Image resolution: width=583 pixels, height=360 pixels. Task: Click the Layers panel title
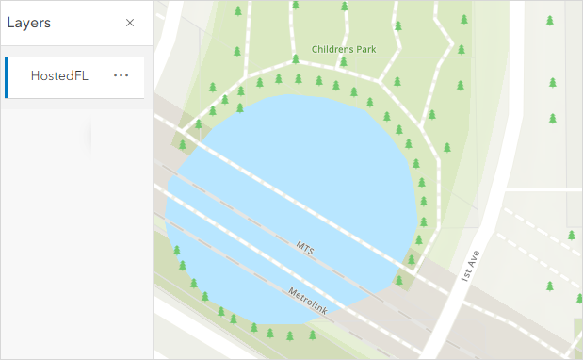click(x=28, y=23)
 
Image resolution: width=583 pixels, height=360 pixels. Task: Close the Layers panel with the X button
click(x=130, y=23)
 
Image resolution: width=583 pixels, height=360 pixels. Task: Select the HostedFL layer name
click(x=59, y=76)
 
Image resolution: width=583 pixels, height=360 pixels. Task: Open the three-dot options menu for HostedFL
click(x=121, y=75)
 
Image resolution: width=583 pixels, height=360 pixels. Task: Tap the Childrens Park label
click(x=345, y=47)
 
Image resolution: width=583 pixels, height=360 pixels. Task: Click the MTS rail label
click(x=304, y=248)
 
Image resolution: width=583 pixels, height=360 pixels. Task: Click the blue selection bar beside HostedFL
click(x=6, y=76)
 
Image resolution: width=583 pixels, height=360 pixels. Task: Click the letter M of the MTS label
click(x=299, y=245)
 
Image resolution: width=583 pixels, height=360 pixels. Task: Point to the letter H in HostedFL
click(x=35, y=76)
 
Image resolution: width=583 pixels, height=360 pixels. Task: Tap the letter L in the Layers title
click(x=10, y=23)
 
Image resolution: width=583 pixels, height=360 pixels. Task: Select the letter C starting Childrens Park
click(x=315, y=47)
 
